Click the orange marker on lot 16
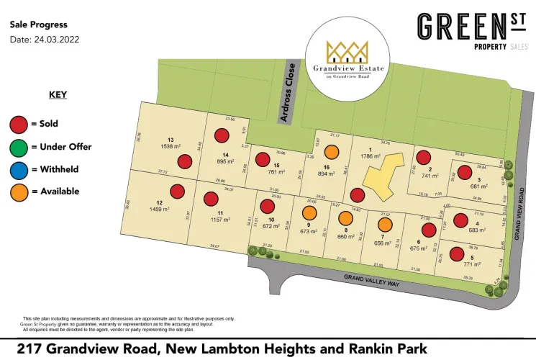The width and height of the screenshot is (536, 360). [332, 152]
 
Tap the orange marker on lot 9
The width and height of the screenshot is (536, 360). [309, 213]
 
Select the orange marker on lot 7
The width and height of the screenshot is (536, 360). [385, 225]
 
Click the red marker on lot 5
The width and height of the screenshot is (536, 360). [456, 253]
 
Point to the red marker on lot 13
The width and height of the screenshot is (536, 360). [186, 162]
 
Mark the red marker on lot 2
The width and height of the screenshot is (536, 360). [424, 157]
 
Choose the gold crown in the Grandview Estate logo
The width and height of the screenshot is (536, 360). [347, 51]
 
